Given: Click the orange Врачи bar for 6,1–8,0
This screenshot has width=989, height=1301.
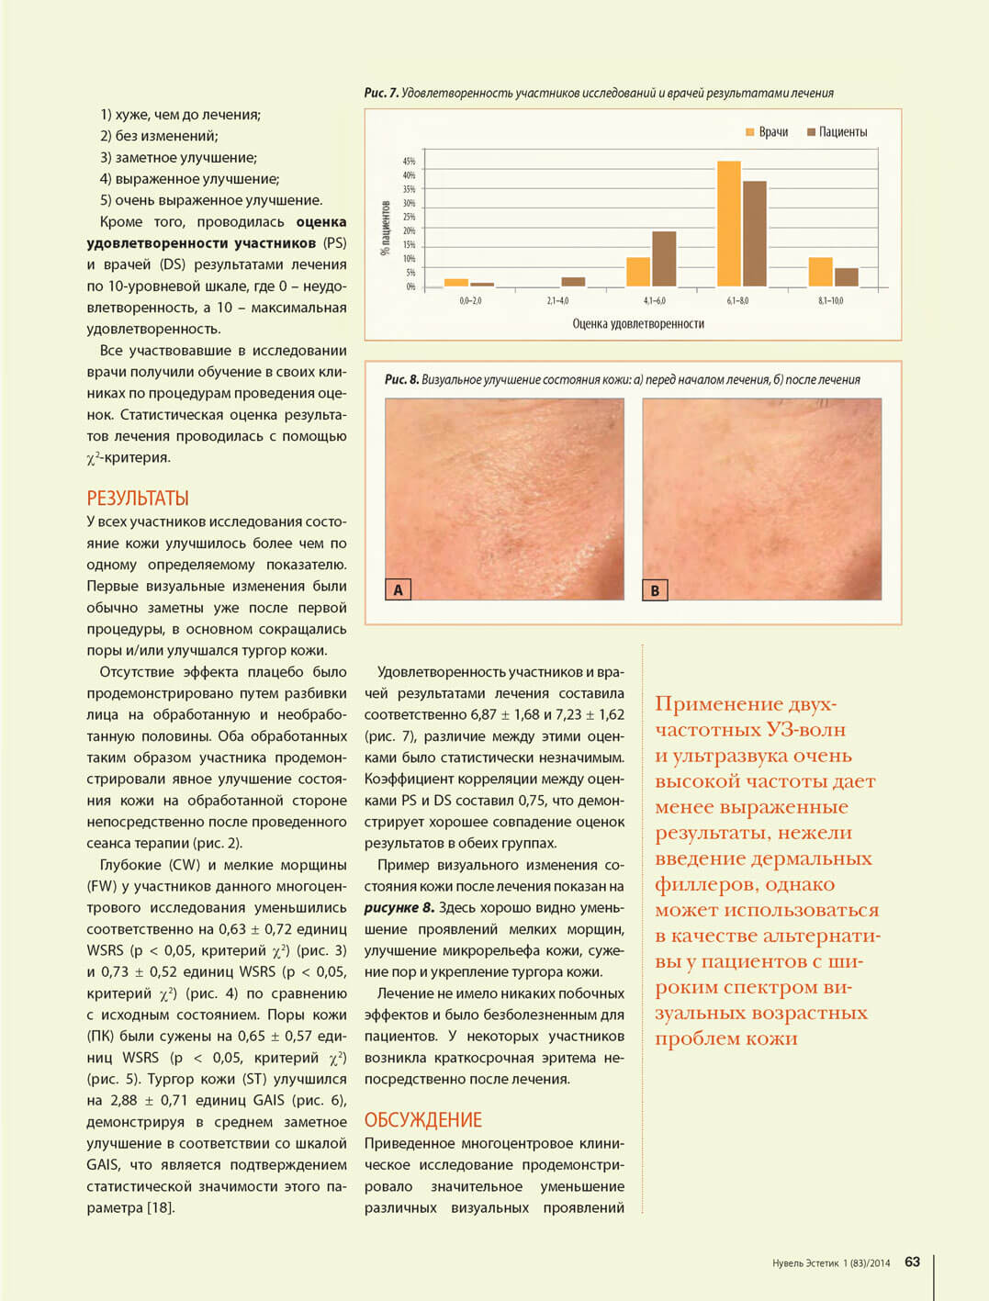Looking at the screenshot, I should coord(728,224).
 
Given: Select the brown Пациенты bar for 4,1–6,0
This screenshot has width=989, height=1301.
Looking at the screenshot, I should coord(664,259).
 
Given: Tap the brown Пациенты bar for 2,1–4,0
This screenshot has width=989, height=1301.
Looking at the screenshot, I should coord(573,282).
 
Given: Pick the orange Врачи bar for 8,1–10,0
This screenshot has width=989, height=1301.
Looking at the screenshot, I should coord(820,272).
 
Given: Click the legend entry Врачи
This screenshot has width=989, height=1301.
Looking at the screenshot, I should coord(768,132).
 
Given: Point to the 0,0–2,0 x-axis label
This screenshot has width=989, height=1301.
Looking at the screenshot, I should coord(470,300).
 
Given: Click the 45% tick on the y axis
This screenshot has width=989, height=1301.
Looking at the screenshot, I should coord(409,162).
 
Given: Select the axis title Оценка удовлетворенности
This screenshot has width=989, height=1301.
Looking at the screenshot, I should coord(638,323).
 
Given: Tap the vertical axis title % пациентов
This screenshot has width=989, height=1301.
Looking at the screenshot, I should coord(386,227).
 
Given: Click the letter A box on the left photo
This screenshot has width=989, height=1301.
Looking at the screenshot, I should coord(398,589).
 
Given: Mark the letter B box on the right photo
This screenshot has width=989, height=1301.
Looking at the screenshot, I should coord(655,589).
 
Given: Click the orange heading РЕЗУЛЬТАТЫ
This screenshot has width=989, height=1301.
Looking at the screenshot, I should coord(138,499).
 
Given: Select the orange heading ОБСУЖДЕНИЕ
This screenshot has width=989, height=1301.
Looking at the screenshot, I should coord(422,1120).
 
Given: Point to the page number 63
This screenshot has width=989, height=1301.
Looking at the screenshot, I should coord(912,1262).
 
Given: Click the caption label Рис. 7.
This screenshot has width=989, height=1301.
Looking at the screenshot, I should coord(381,93).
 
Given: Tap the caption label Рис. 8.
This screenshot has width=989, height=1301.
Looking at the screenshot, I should coord(401,379).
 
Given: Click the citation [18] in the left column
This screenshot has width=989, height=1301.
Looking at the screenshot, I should coord(161,1207).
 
